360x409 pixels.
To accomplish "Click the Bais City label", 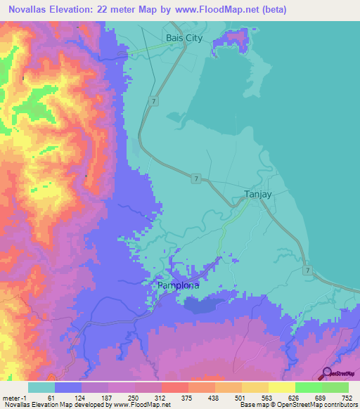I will (x=184, y=38).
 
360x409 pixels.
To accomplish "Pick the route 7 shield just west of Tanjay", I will (x=196, y=179).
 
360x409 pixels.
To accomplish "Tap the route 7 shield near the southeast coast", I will (x=307, y=269).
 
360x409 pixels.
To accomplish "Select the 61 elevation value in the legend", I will (x=61, y=398).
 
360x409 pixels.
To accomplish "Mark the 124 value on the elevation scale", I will (x=83, y=398).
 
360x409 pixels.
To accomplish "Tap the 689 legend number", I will (x=323, y=398).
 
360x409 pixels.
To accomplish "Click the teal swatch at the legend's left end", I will (x=41, y=387).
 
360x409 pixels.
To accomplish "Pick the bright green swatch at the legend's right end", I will (x=335, y=387).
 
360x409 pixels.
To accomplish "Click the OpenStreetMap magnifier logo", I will (x=328, y=372).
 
